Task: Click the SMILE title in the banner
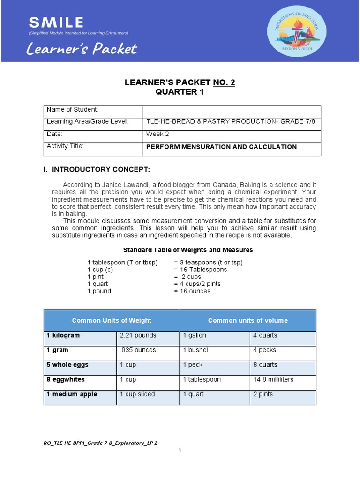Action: [56, 22]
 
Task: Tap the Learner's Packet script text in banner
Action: [82, 49]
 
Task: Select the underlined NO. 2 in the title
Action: [224, 82]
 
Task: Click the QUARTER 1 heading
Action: [180, 92]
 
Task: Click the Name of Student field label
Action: [72, 110]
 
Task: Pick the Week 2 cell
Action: [158, 134]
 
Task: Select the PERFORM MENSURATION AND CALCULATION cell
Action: [221, 147]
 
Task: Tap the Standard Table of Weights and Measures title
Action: [187, 250]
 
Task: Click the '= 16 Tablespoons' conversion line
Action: [200, 270]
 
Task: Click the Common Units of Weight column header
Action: [112, 321]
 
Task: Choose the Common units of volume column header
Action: [247, 321]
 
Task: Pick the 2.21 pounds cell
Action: [138, 336]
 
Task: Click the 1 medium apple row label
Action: [72, 394]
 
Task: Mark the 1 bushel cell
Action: [195, 350]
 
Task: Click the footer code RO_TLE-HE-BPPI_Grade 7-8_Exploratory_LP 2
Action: [100, 442]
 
